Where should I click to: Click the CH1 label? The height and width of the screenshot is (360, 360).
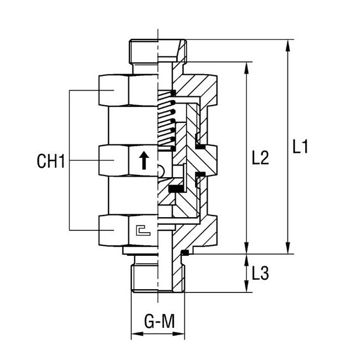(x=51, y=162)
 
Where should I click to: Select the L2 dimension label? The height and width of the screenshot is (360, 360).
(x=259, y=159)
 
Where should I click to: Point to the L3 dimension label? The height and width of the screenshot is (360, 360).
(x=260, y=273)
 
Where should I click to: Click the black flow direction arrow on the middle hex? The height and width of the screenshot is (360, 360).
(x=143, y=161)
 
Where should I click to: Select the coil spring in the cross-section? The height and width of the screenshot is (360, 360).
(x=166, y=122)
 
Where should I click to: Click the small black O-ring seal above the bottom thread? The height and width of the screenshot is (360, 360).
(x=185, y=253)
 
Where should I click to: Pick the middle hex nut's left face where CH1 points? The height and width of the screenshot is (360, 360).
(x=114, y=160)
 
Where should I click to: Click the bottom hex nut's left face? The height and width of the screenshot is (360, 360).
(x=114, y=230)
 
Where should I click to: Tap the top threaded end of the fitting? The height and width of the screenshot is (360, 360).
(x=144, y=51)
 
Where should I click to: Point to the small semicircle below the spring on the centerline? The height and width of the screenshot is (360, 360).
(x=161, y=171)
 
